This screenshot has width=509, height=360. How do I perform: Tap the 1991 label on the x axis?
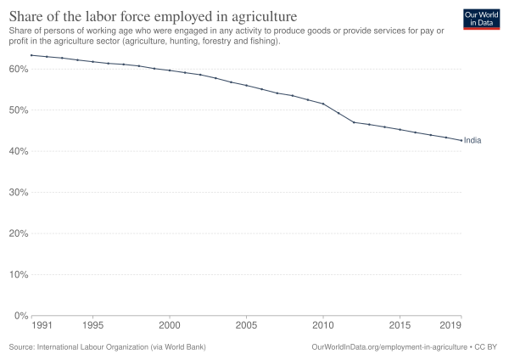coord(39,325)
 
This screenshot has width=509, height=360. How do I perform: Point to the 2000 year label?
coord(170,325)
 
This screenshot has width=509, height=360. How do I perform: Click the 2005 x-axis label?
coord(246,325)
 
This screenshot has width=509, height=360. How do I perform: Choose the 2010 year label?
coord(322,325)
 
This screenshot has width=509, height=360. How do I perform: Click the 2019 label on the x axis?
coord(451,325)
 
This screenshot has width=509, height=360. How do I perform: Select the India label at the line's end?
coord(473,140)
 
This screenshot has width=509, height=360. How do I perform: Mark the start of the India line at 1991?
coord(31,55)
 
